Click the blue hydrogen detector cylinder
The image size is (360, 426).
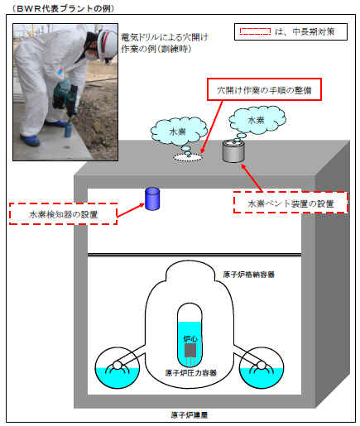(152, 199)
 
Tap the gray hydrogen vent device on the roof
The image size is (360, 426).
(233, 151)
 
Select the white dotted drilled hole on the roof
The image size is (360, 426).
(188, 157)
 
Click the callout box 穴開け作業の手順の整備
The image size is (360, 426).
(264, 89)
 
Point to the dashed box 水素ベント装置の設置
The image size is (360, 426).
(290, 203)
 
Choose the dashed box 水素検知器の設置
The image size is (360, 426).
(63, 214)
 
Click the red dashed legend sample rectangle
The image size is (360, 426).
(255, 31)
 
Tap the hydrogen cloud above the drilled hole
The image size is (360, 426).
(179, 132)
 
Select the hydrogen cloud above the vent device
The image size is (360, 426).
(257, 120)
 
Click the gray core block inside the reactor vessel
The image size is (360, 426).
(190, 350)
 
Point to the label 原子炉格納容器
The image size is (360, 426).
(248, 275)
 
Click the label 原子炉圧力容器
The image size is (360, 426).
(191, 373)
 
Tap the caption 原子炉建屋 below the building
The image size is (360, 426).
(189, 414)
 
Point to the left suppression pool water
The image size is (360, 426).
(117, 378)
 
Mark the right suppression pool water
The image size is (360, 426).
(262, 378)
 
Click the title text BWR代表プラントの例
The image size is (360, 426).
(63, 8)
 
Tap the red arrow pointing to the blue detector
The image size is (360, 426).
(131, 210)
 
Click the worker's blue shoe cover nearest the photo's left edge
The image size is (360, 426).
(30, 140)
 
